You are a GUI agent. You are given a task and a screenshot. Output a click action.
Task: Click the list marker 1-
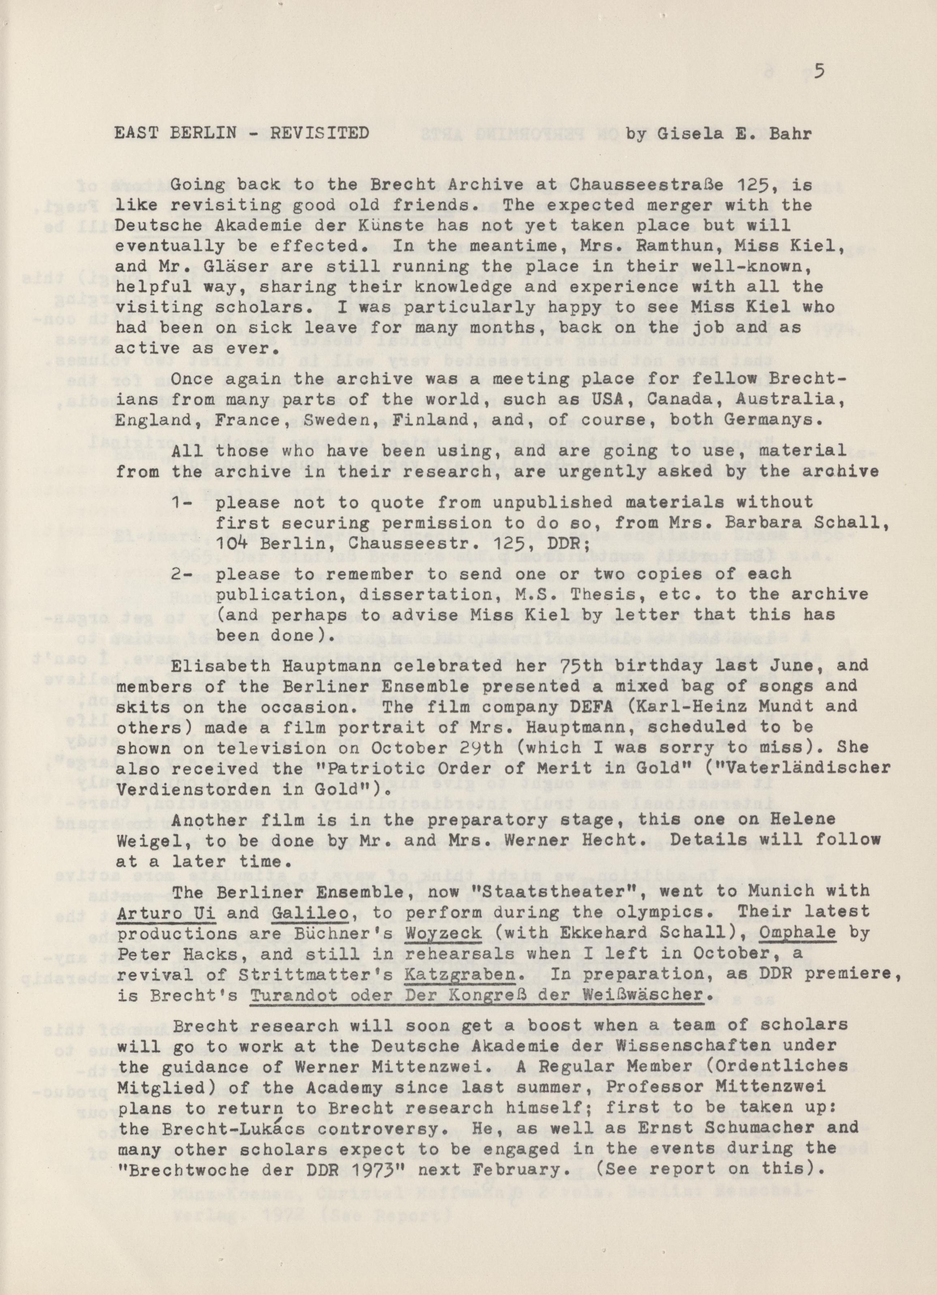point(182,503)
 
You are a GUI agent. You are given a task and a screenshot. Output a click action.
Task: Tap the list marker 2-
point(182,574)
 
